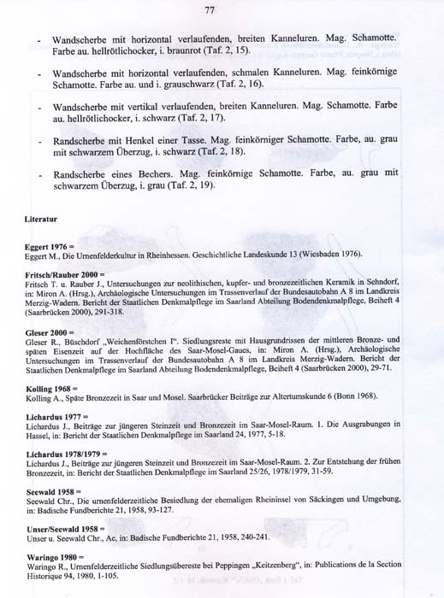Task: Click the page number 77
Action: coord(210,9)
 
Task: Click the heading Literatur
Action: coord(41,220)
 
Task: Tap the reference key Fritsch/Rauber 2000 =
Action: coord(66,274)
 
